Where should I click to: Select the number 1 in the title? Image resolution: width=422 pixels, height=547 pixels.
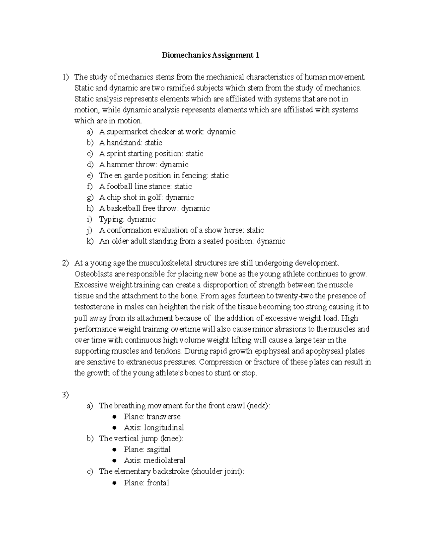tap(257, 55)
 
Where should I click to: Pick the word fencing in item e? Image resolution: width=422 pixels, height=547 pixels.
tap(195, 175)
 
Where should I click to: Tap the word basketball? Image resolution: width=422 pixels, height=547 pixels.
tap(123, 208)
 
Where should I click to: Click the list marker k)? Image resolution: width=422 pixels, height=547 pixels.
tap(90, 241)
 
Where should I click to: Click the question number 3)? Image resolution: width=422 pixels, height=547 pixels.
tap(65, 395)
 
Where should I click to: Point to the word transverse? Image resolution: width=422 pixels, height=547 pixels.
tap(164, 417)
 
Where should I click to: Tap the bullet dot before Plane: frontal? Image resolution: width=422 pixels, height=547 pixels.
tap(114, 483)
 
